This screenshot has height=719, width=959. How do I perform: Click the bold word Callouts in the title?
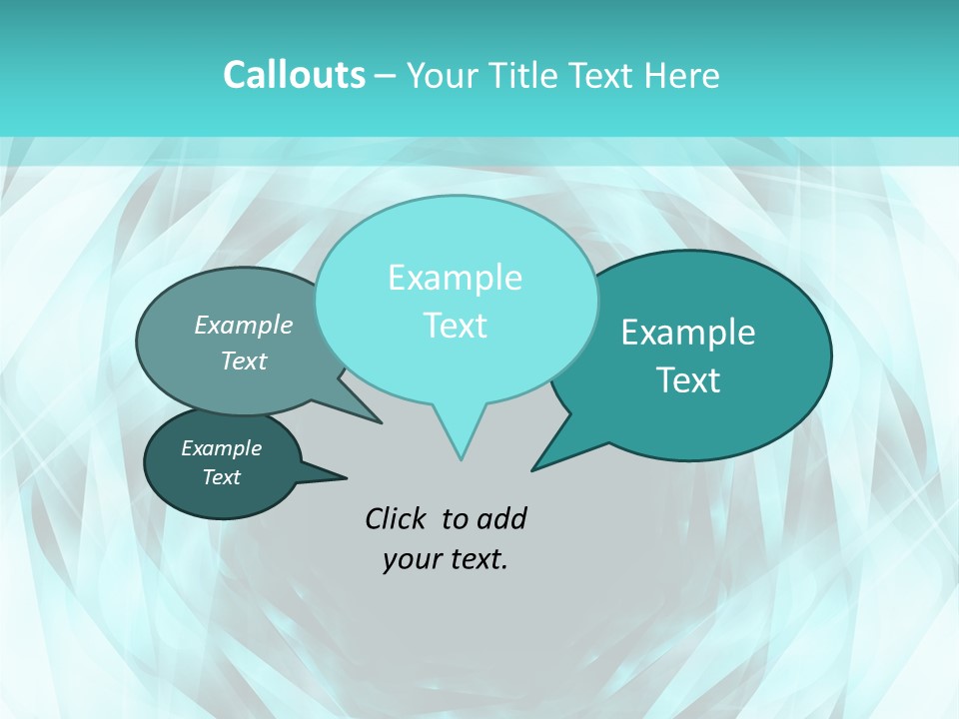click(x=294, y=75)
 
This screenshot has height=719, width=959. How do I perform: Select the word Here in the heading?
click(x=682, y=76)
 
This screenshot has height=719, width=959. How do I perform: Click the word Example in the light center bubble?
click(x=455, y=278)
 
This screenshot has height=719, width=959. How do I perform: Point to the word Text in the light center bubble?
click(x=455, y=326)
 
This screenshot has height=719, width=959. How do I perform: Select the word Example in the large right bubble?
click(x=688, y=333)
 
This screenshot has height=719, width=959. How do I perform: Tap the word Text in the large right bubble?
click(x=688, y=380)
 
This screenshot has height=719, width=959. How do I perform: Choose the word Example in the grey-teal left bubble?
click(x=244, y=325)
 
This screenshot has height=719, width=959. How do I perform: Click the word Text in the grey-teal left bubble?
click(x=244, y=360)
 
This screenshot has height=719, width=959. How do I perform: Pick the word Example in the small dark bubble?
click(x=222, y=448)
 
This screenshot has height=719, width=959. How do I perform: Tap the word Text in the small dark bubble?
click(x=222, y=477)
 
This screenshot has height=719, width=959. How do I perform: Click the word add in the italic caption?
click(x=501, y=518)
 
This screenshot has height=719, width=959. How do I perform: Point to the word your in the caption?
click(x=411, y=559)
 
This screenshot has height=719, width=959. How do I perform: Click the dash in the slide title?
click(x=386, y=76)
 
